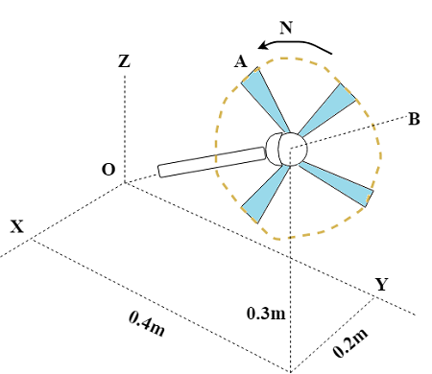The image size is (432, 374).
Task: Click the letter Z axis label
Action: point(124,61)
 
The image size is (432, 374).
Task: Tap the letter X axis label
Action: point(17,226)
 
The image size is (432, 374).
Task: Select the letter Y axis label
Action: point(382,284)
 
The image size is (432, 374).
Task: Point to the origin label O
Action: point(108,170)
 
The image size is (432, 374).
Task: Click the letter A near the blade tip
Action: point(241,61)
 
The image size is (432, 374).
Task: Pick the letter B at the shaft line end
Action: point(414,119)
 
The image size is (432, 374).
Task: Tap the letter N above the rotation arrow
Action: point(286,28)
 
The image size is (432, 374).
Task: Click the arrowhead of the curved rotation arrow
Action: point(263,45)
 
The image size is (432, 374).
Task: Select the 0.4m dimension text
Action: point(147,323)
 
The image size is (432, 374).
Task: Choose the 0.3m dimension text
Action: point(266,314)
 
